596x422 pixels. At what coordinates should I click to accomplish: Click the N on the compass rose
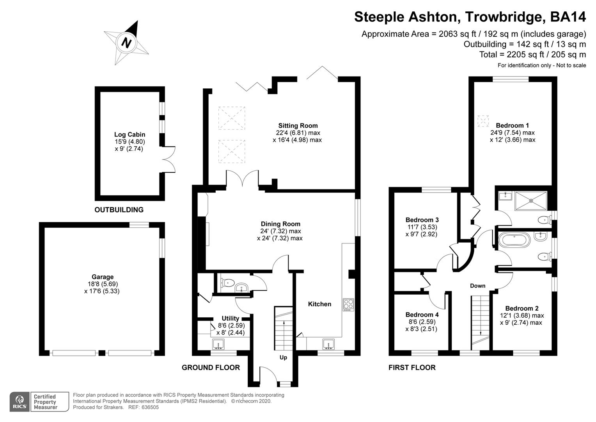click(x=126, y=42)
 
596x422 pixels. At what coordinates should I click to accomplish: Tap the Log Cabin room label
click(x=129, y=134)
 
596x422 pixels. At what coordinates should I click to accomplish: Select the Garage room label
click(x=103, y=277)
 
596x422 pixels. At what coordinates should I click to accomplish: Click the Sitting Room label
click(x=298, y=126)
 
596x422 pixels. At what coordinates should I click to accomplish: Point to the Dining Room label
click(x=280, y=224)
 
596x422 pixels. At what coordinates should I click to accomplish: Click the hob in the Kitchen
click(x=348, y=305)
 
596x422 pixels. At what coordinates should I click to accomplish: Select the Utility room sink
click(x=219, y=344)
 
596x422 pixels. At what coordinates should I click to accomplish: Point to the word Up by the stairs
click(x=283, y=358)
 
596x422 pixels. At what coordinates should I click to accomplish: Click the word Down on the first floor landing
click(x=477, y=286)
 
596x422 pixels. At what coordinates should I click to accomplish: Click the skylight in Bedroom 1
click(x=483, y=121)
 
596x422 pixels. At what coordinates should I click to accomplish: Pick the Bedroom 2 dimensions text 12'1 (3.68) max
click(x=521, y=315)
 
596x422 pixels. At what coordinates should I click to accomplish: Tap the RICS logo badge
click(x=20, y=402)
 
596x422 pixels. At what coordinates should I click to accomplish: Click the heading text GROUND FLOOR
click(x=211, y=367)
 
